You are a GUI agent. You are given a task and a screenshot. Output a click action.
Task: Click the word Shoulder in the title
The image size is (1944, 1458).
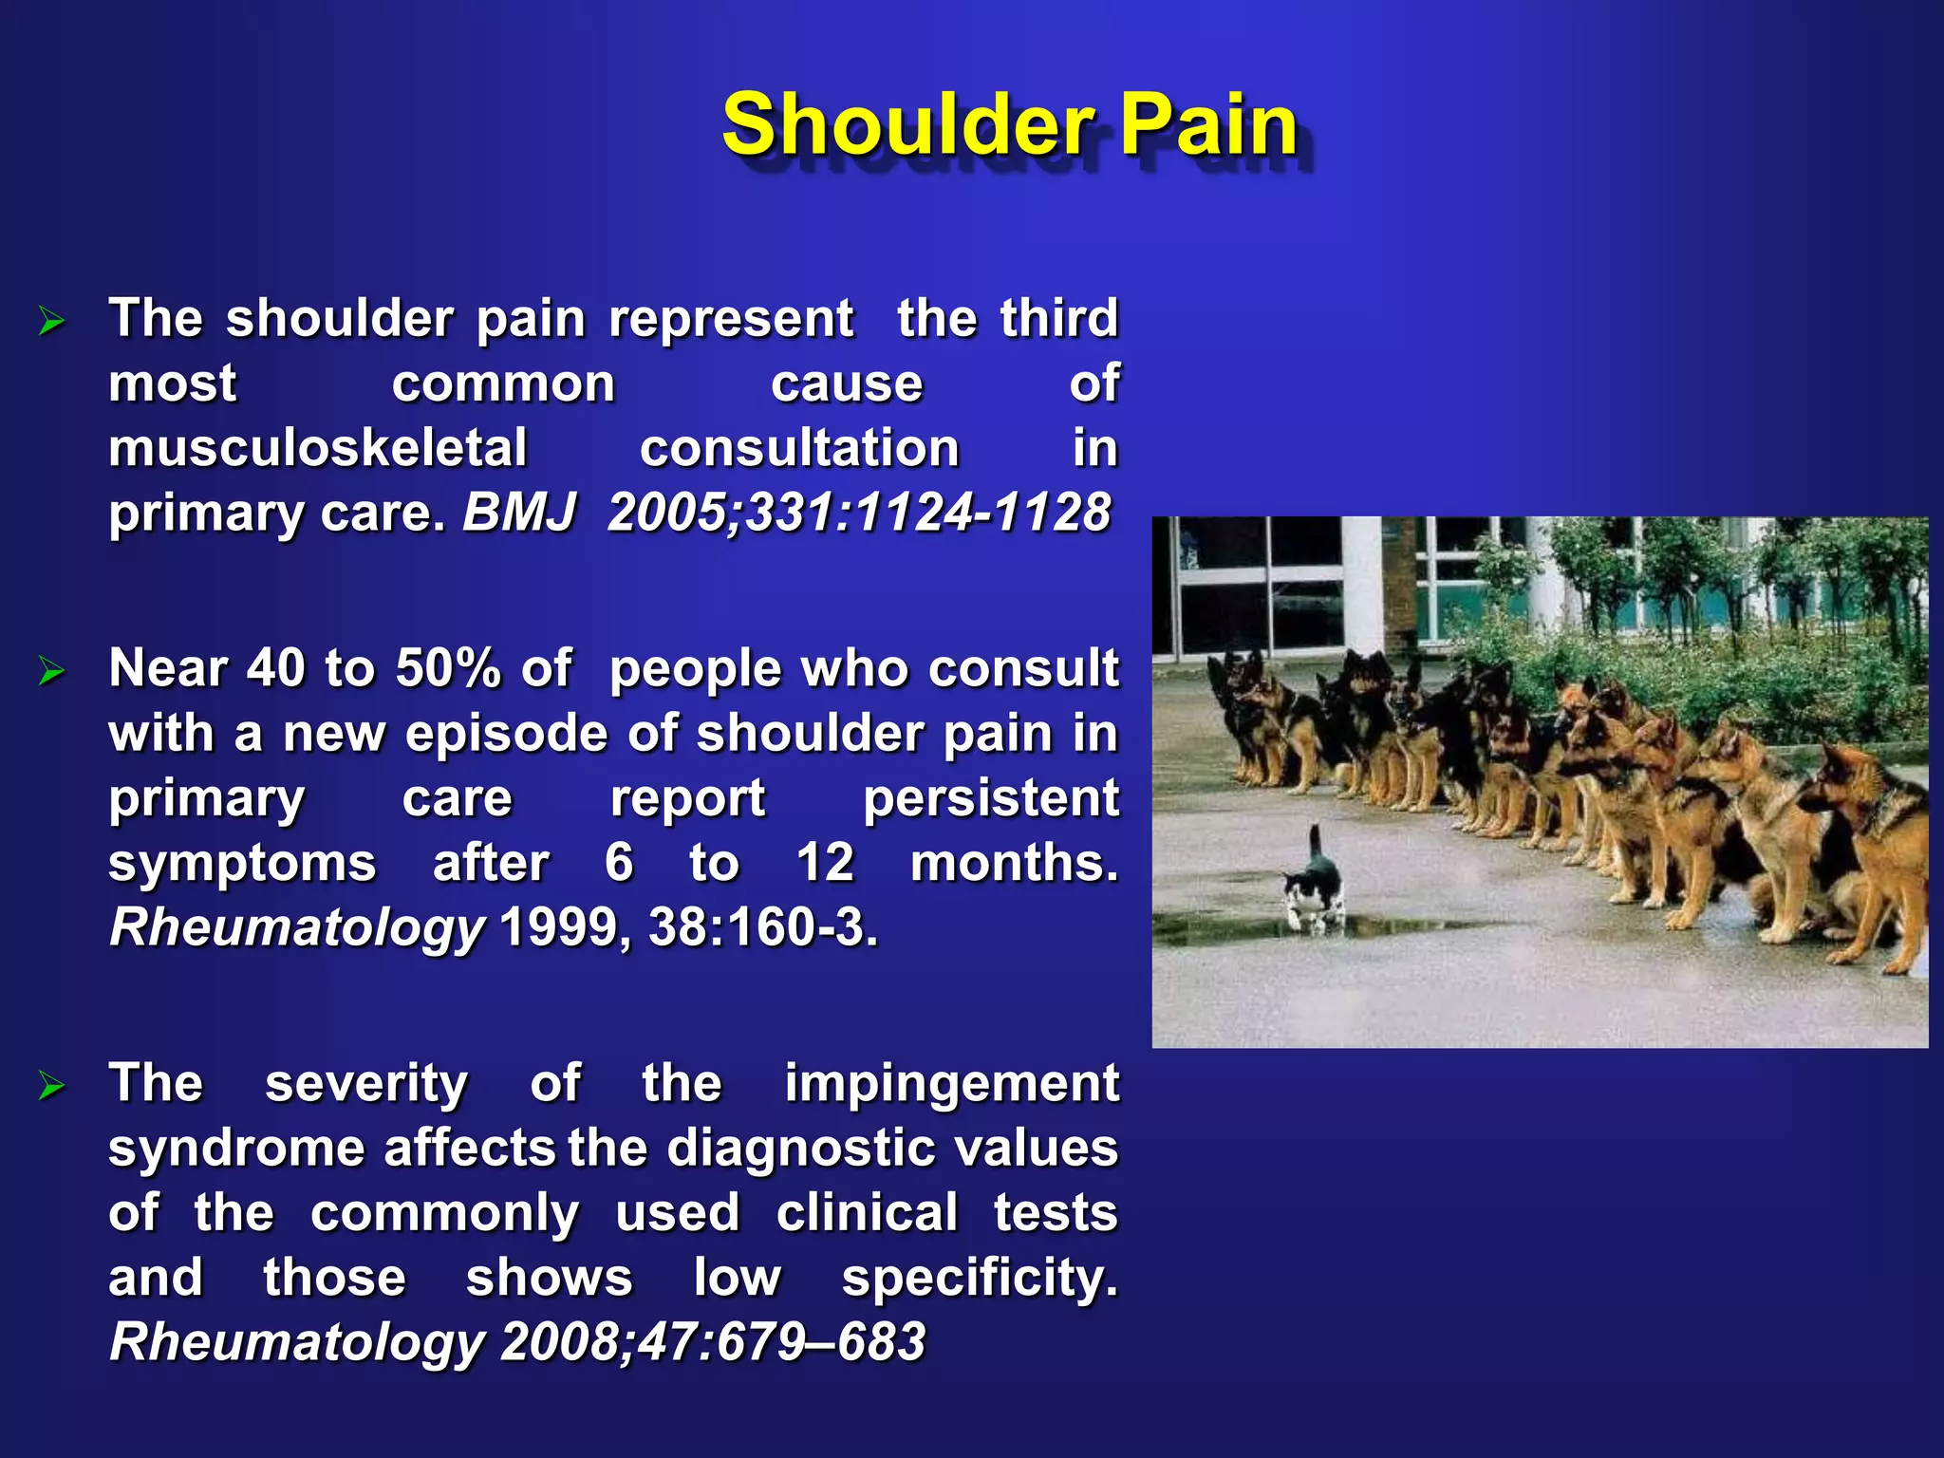pyautogui.click(x=908, y=125)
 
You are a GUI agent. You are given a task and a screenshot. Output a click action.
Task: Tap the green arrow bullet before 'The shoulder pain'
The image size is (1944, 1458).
pyautogui.click(x=51, y=321)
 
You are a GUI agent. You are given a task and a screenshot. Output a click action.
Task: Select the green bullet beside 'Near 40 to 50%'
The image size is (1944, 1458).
pyautogui.click(x=51, y=671)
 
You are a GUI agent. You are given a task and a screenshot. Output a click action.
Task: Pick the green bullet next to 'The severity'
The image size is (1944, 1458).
pyautogui.click(x=51, y=1085)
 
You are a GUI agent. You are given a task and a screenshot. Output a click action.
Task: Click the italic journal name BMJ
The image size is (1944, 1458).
pyautogui.click(x=519, y=513)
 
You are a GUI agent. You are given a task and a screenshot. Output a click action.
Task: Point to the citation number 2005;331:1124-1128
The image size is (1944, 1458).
pyautogui.click(x=858, y=513)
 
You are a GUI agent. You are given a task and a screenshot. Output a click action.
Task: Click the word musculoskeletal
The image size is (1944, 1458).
pyautogui.click(x=317, y=448)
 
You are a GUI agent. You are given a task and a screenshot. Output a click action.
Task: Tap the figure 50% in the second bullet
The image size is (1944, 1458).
pyautogui.click(x=447, y=668)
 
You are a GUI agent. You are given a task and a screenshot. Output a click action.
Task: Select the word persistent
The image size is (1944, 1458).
pyautogui.click(x=990, y=797)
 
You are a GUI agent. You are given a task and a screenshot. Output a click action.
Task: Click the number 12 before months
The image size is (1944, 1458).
pyautogui.click(x=824, y=862)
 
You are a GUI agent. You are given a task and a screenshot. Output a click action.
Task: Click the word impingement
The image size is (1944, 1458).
pyautogui.click(x=951, y=1083)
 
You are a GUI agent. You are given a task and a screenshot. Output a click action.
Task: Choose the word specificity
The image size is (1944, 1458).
pyautogui.click(x=980, y=1277)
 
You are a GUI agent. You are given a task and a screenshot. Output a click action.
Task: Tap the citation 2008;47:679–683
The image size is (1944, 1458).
pyautogui.click(x=712, y=1341)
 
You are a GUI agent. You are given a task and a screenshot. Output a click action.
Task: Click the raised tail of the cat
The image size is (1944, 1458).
pyautogui.click(x=1316, y=840)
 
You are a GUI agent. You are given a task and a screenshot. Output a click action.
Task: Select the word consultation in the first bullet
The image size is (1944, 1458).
pyautogui.click(x=799, y=448)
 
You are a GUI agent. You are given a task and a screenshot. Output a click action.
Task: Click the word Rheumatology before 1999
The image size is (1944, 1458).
pyautogui.click(x=296, y=927)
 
